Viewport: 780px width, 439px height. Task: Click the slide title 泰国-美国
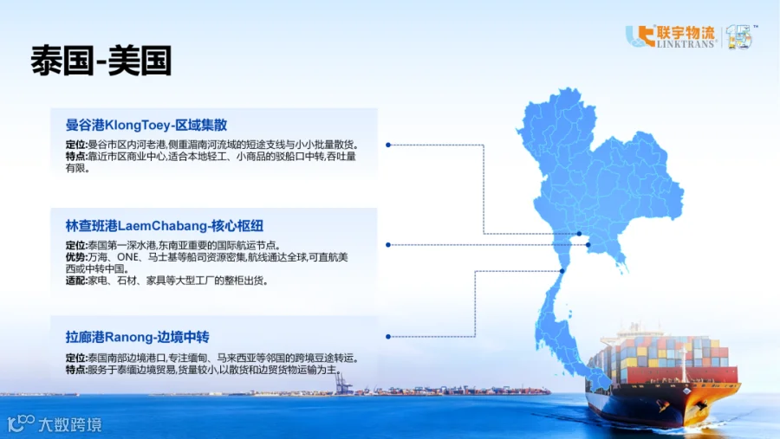(101, 61)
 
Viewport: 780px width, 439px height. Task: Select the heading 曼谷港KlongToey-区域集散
(146, 125)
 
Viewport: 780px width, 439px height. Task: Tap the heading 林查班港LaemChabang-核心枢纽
(164, 226)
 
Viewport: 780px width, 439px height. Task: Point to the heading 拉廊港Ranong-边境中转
(137, 337)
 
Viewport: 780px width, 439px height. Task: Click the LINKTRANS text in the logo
(686, 44)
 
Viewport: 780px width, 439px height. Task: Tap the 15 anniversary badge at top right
(739, 36)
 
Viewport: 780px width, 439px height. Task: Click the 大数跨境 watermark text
(69, 424)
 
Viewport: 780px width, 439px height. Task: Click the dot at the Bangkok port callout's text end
(388, 145)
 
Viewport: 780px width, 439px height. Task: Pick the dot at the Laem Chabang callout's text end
(388, 244)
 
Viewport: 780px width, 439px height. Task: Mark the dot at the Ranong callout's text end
(388, 337)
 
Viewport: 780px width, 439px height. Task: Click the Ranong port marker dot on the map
(562, 271)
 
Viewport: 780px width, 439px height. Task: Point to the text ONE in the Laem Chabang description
(128, 257)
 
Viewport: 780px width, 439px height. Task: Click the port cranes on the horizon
(342, 384)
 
